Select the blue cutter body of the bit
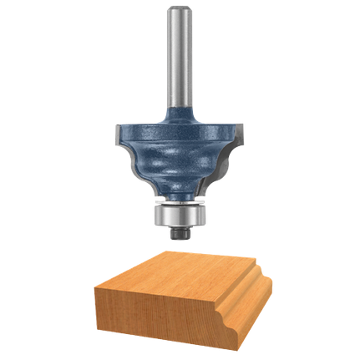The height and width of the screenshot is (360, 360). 177,150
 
